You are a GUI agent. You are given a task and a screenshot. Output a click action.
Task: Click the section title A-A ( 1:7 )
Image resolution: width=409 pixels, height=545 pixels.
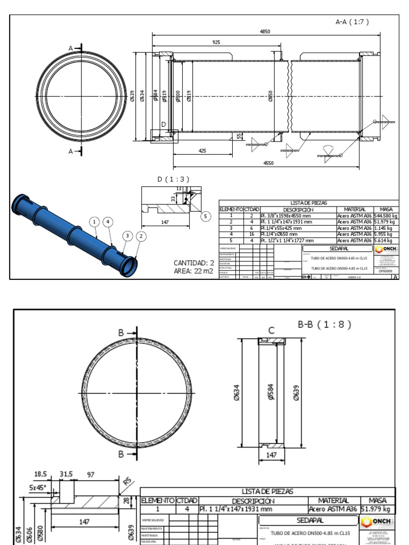(352, 22)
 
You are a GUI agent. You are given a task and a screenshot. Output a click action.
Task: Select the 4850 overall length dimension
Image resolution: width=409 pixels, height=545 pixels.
(265, 31)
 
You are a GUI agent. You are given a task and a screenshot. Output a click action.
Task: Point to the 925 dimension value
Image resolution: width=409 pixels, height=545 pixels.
(216, 42)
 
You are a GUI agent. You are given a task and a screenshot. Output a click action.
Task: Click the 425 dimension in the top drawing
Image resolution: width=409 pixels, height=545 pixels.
(202, 151)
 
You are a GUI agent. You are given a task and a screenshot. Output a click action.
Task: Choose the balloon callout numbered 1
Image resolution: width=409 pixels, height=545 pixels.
(94, 221)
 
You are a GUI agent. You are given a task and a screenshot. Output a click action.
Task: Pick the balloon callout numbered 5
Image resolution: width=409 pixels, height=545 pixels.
(206, 216)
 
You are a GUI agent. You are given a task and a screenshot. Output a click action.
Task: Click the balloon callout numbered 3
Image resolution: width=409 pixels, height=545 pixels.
(127, 236)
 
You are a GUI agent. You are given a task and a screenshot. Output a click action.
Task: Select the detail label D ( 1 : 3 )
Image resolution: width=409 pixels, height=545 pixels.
(173, 179)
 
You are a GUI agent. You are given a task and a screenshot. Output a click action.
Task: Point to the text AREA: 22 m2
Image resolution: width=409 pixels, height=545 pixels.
(193, 271)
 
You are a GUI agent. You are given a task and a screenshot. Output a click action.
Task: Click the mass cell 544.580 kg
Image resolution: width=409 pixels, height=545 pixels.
(386, 216)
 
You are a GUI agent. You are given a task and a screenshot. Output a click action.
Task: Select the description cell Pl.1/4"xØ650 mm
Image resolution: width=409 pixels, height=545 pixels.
(282, 234)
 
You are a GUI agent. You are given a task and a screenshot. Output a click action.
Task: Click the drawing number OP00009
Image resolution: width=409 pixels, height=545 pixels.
(385, 271)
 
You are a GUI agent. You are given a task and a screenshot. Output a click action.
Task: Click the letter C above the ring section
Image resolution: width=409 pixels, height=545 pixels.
(271, 331)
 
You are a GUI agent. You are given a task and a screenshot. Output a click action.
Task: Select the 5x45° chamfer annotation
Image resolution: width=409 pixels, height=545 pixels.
(37, 487)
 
